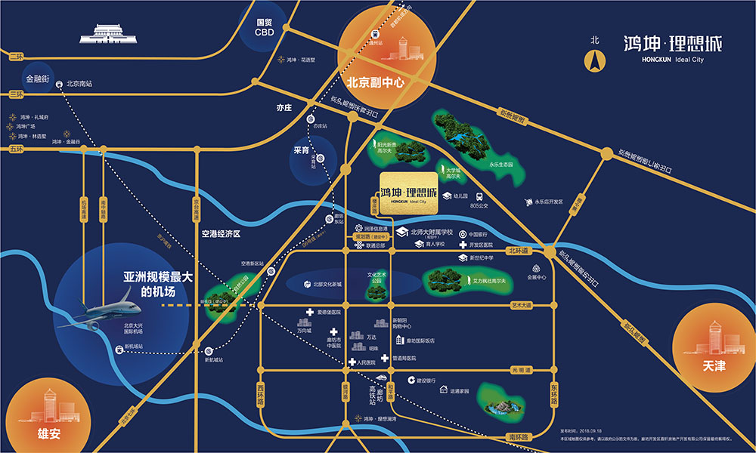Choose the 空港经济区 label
tap(220, 234)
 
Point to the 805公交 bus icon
tap(479, 195)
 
